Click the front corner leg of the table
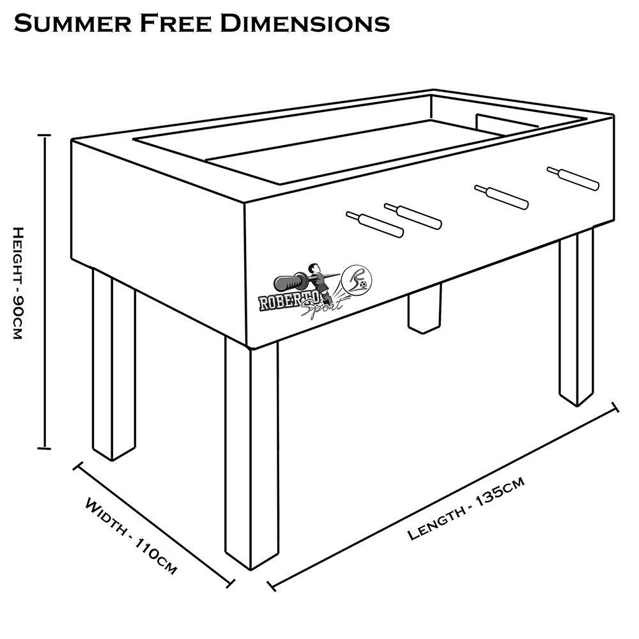point(252,454)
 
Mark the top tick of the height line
point(44,135)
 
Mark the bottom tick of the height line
point(44,449)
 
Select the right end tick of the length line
point(615,407)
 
